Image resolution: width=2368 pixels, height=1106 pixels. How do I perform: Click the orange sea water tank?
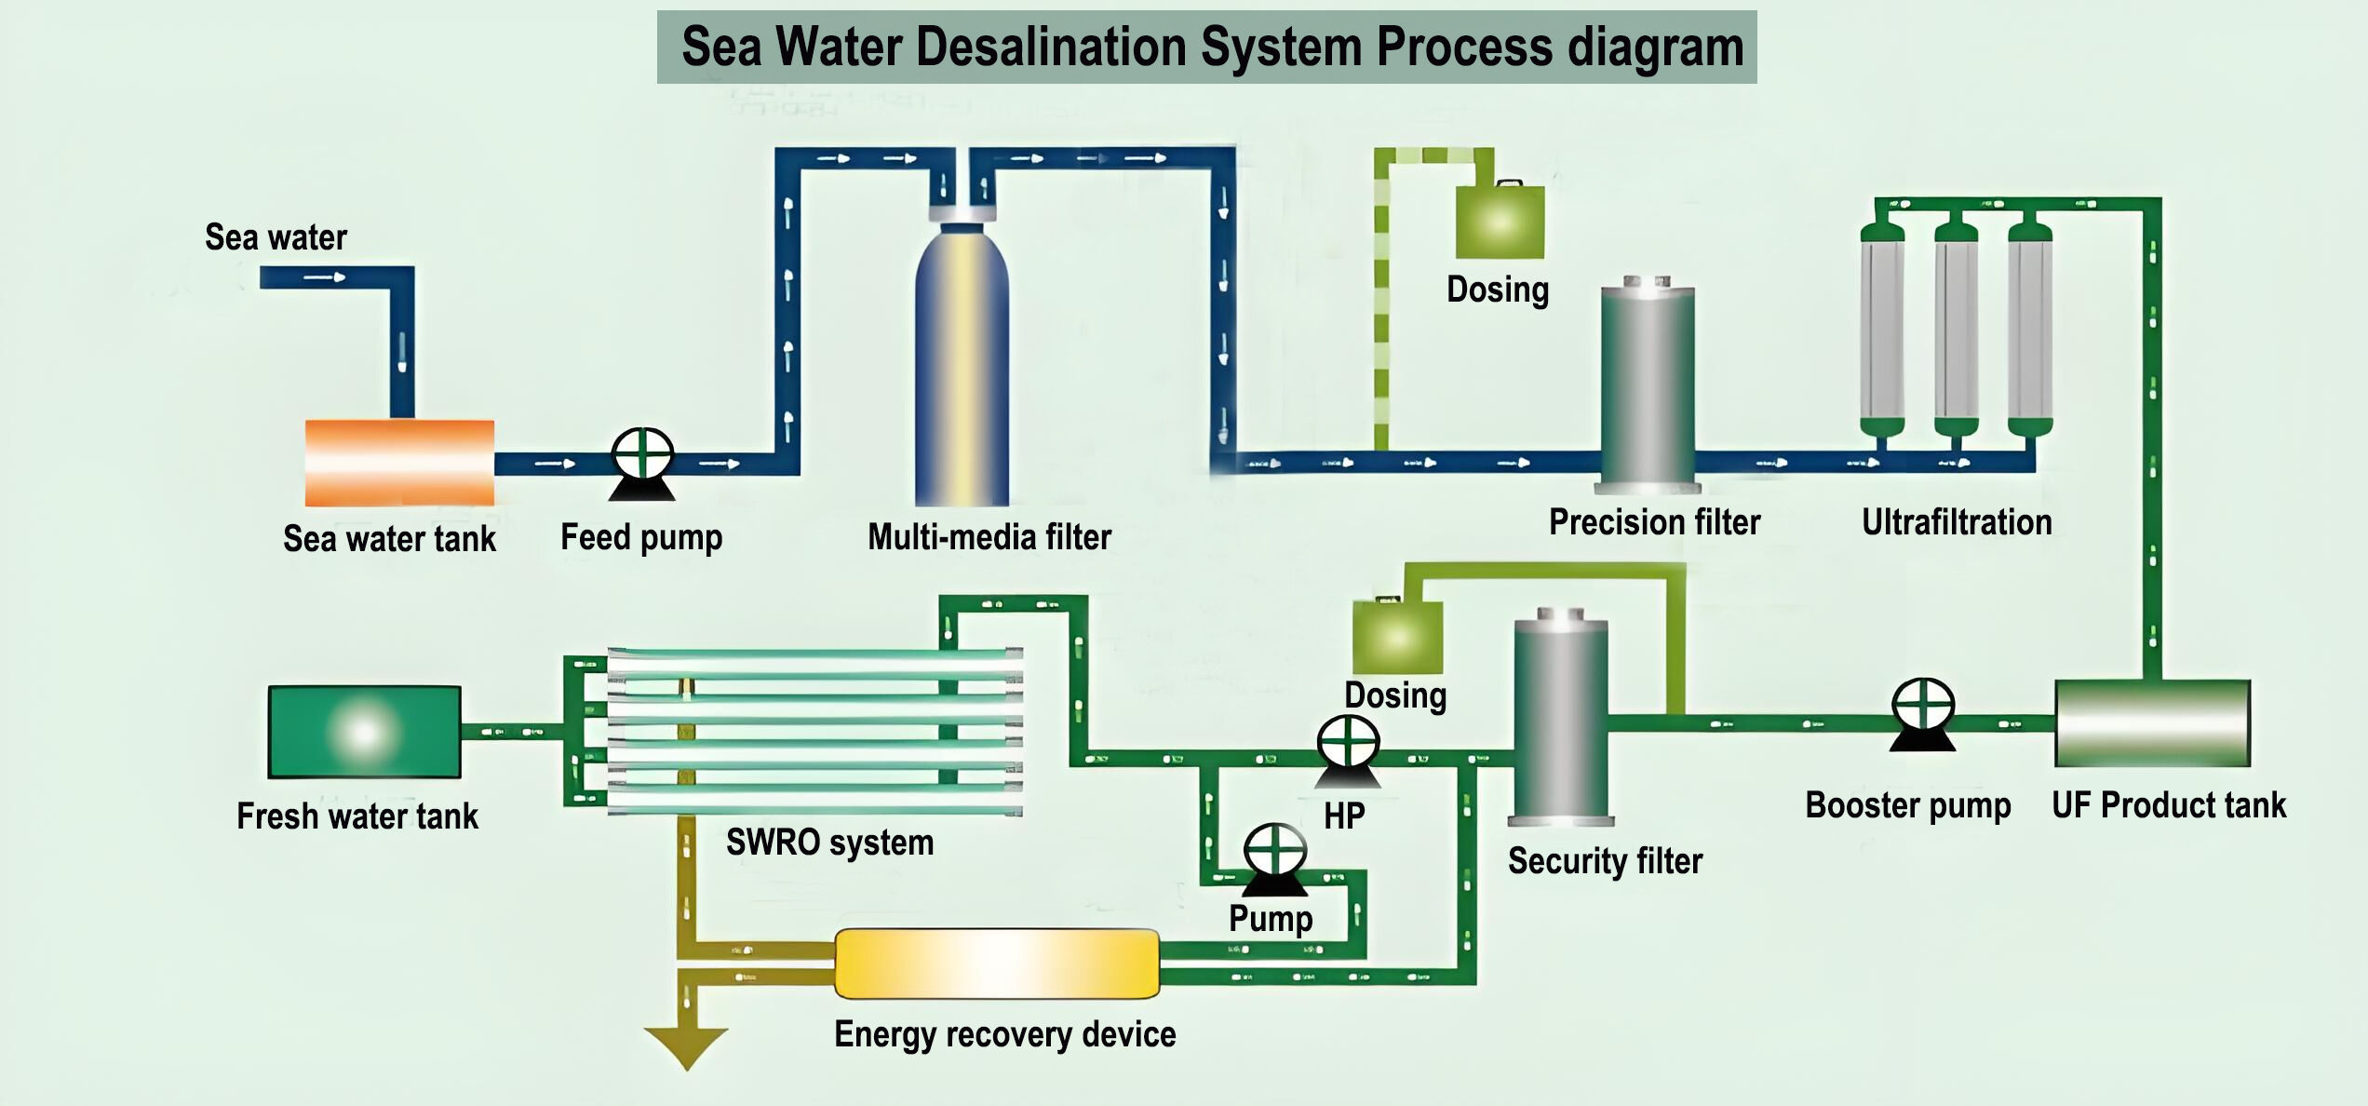pyautogui.click(x=399, y=463)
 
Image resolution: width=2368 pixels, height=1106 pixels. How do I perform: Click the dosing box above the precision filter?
pyautogui.click(x=1500, y=222)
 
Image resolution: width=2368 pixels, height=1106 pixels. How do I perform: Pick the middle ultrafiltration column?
pyautogui.click(x=1956, y=330)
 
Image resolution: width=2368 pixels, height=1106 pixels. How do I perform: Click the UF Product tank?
pyautogui.click(x=2152, y=722)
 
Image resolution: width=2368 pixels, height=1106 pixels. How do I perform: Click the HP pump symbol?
pyautogui.click(x=1348, y=749)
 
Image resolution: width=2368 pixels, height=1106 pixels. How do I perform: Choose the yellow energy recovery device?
pyautogui.click(x=997, y=964)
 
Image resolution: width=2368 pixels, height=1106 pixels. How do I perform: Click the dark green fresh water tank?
pyautogui.click(x=364, y=732)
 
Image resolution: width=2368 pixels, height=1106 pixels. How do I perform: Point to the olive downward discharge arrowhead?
pyautogui.click(x=686, y=1047)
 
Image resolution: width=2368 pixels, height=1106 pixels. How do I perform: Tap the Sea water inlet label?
pyautogui.click(x=276, y=237)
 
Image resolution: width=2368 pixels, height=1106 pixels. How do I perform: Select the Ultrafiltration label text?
pyautogui.click(x=1957, y=522)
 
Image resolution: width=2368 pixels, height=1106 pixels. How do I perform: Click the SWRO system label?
pyautogui.click(x=829, y=843)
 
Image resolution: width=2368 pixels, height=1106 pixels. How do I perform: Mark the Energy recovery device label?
pyautogui.click(x=1004, y=1034)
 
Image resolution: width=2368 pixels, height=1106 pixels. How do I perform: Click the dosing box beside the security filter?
pyautogui.click(x=1396, y=637)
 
